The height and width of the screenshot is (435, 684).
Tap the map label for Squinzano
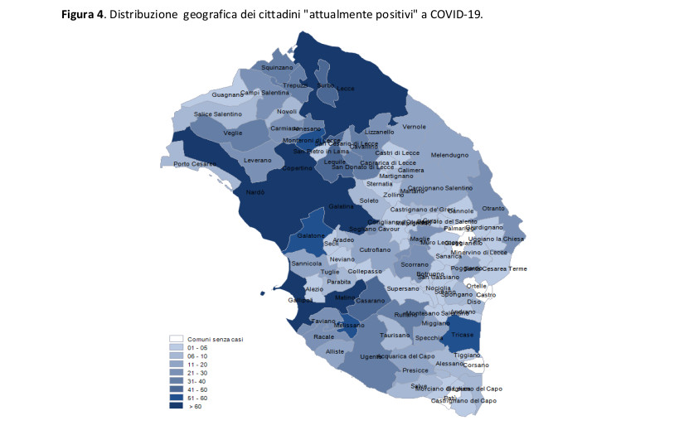click(277, 67)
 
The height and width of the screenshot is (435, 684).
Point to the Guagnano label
click(227, 94)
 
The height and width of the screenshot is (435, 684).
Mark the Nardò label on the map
click(255, 192)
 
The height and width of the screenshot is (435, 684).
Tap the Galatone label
click(311, 236)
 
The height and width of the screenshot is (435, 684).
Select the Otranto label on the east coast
click(492, 208)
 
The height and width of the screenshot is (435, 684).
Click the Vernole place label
click(414, 127)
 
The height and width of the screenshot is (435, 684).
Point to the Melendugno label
click(449, 155)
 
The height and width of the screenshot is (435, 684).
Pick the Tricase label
click(463, 335)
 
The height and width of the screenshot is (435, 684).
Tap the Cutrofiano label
click(375, 249)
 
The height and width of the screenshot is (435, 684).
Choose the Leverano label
click(257, 160)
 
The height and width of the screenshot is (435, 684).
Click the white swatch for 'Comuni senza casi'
click(176, 339)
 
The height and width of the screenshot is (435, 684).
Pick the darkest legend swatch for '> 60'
click(176, 406)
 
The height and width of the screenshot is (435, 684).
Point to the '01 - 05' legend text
click(196, 348)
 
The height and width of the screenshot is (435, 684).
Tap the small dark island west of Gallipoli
click(261, 292)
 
